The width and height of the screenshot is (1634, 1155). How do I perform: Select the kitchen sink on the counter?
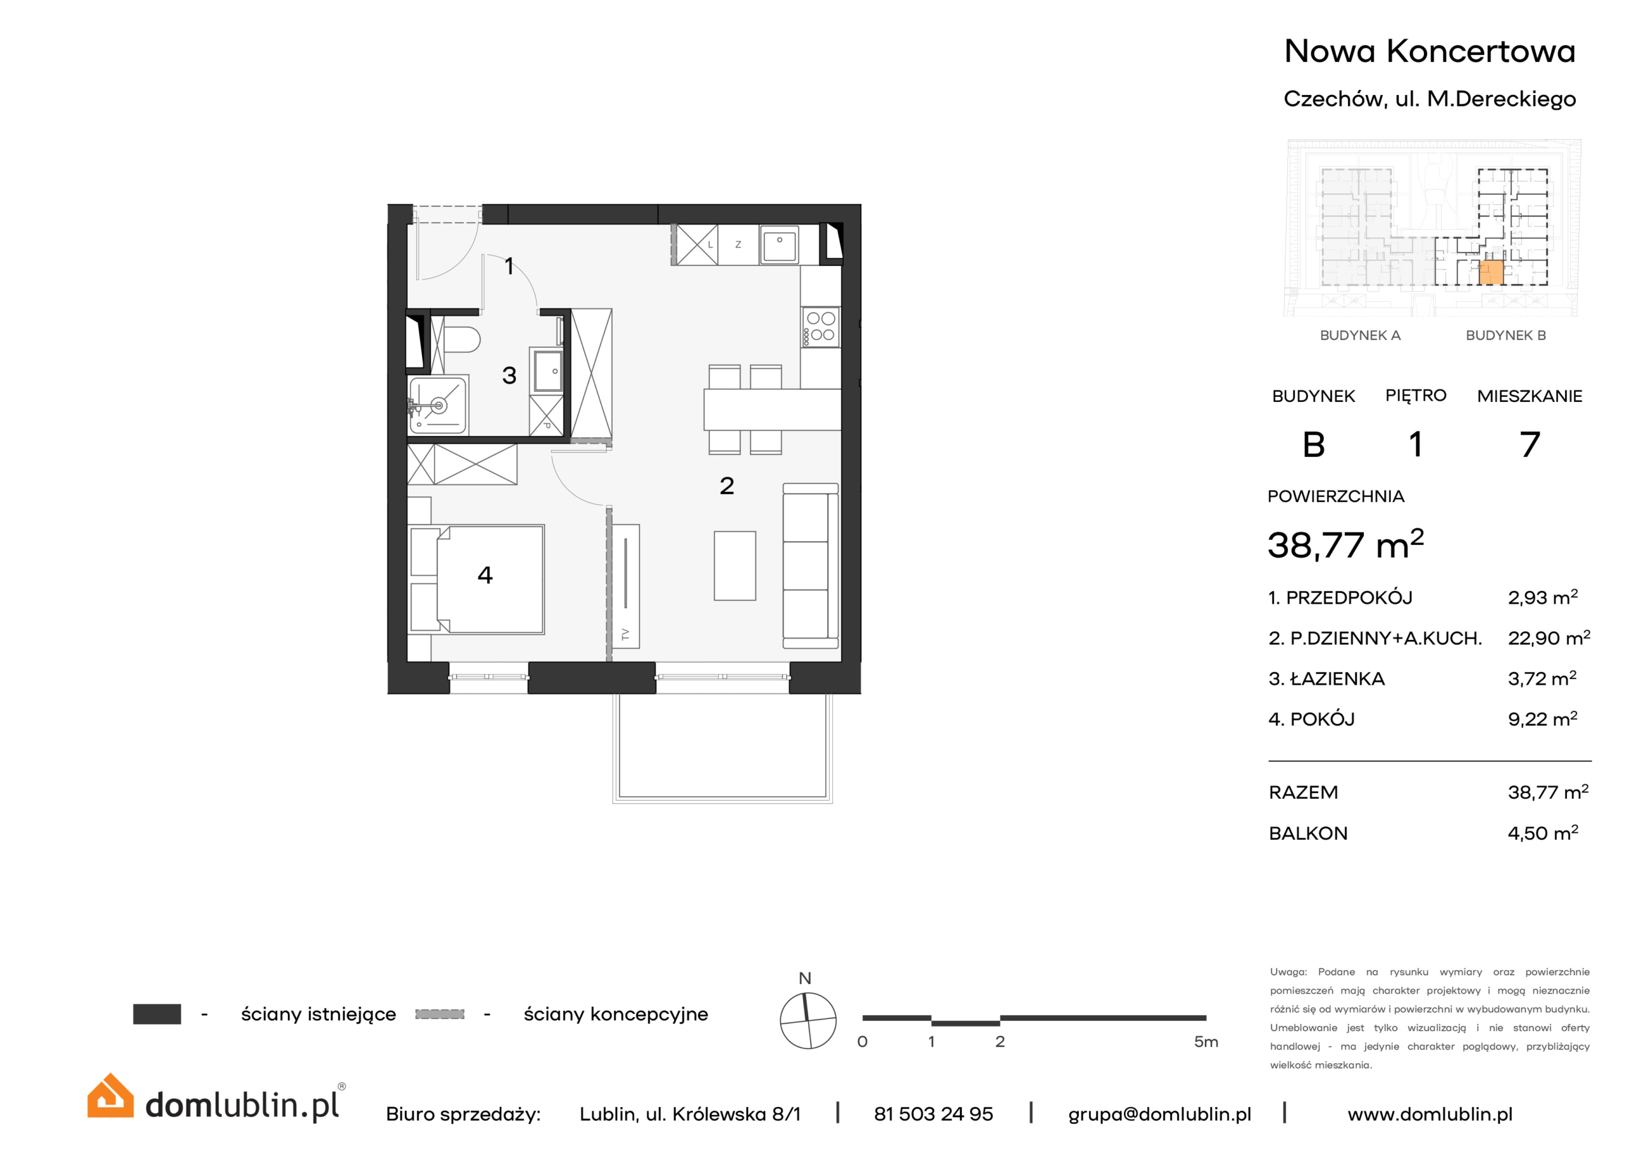point(779,246)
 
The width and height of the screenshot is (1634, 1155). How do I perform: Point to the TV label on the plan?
point(626,634)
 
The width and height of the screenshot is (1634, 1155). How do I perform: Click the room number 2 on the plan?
point(726,486)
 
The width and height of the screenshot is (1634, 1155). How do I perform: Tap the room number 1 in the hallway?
point(509,266)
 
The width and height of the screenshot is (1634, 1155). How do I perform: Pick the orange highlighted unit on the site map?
point(1491,272)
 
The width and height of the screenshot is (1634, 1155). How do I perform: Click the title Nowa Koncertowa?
point(1430,51)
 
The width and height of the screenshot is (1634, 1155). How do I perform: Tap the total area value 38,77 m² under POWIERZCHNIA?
point(1345,545)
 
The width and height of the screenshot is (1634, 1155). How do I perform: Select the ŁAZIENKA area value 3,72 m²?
point(1542,678)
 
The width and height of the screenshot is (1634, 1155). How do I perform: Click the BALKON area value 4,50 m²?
point(1543,833)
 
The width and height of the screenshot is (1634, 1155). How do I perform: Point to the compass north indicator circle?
point(808,1020)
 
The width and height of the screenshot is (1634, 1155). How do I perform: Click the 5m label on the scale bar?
point(1206,1042)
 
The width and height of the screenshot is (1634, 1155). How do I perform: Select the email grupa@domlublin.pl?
point(1159,1114)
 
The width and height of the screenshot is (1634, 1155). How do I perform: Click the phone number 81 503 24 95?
point(933,1114)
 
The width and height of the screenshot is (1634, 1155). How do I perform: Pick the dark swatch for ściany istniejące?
point(156,1014)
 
